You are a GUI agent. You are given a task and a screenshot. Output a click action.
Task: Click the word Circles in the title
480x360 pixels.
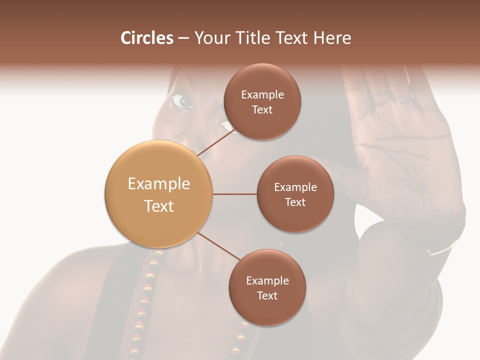click(146, 38)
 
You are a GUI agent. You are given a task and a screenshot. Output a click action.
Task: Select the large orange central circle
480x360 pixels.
click(159, 194)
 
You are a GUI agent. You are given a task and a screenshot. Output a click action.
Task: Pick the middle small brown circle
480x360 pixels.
click(295, 194)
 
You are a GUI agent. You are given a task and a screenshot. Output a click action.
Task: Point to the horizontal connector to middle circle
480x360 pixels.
click(235, 194)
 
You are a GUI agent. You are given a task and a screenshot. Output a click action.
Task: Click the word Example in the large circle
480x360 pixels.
click(159, 184)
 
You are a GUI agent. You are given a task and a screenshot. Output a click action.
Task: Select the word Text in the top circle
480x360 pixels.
click(262, 110)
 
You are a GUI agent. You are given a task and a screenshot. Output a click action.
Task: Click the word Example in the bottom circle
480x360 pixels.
click(267, 281)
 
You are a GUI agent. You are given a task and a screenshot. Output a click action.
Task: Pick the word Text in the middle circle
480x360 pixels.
click(295, 202)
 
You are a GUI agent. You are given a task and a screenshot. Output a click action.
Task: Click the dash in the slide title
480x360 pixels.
click(183, 38)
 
